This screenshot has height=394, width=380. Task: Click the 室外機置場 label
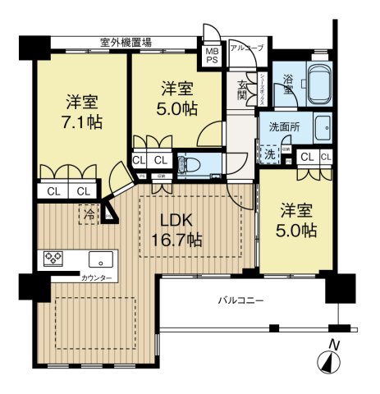point(131,41)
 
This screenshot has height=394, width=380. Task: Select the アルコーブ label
point(246,48)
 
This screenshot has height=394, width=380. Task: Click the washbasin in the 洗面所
point(322,128)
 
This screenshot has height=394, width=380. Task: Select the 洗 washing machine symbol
point(271,153)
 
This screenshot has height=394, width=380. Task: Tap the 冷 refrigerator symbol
point(87,213)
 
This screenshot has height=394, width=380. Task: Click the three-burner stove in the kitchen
point(55,259)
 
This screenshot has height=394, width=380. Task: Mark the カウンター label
point(97,278)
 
